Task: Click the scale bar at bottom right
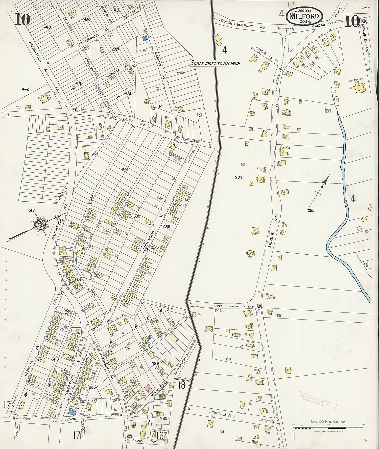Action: pos(328,428)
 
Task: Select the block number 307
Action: pos(239,177)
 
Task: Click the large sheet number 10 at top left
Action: pos(23,20)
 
